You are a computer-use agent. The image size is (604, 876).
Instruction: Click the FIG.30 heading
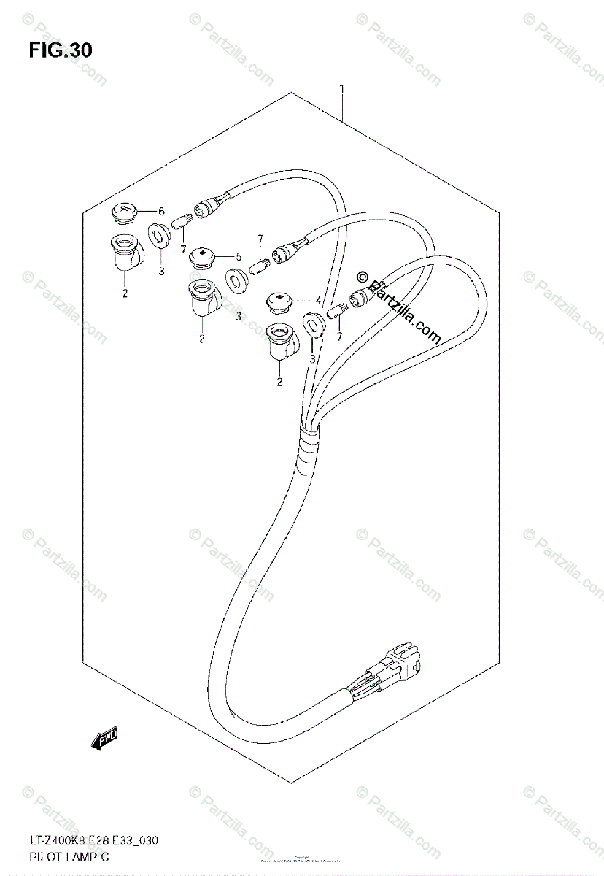(x=61, y=50)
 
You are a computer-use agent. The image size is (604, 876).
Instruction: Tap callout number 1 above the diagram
(x=341, y=89)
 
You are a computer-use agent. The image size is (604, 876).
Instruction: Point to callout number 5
(x=237, y=256)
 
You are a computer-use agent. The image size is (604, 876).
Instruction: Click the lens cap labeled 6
(x=125, y=212)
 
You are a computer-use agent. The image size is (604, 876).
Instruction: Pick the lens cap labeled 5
(x=201, y=258)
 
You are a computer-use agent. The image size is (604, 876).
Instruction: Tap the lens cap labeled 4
(x=282, y=300)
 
